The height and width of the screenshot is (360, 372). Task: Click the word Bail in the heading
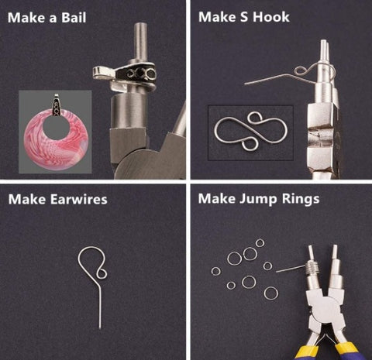pos(74,18)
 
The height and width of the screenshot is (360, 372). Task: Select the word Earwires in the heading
pos(78,200)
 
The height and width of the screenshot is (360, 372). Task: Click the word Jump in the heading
pos(259,199)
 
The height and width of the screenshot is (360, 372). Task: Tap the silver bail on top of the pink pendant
pos(57,105)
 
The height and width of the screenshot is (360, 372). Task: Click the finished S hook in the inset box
pos(251,131)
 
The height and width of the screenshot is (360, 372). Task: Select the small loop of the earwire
pos(102,273)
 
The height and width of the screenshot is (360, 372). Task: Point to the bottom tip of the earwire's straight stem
pos(100,328)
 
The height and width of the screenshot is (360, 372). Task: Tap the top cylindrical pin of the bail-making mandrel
pos(141,41)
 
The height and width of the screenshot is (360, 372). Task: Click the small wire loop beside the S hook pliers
pos(301,70)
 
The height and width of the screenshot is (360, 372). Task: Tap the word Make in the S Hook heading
pos(217,17)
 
